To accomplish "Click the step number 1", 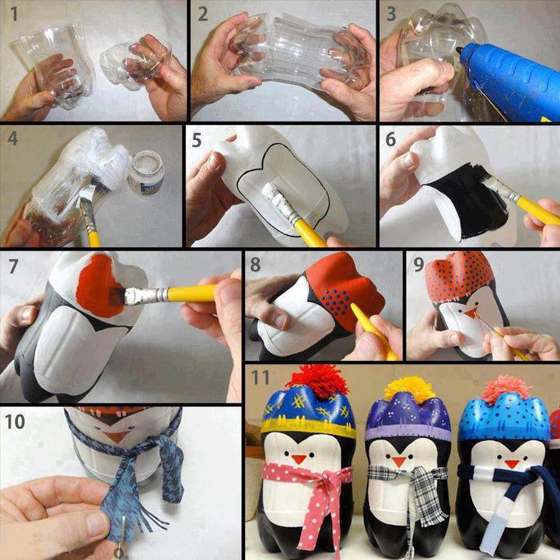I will click(11, 13).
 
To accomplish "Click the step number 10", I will click(15, 422).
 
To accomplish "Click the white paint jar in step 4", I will click(145, 173).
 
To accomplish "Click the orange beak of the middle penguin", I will click(399, 462).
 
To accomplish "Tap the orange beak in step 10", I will click(117, 436).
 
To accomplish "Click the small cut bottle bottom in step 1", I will click(140, 62).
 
